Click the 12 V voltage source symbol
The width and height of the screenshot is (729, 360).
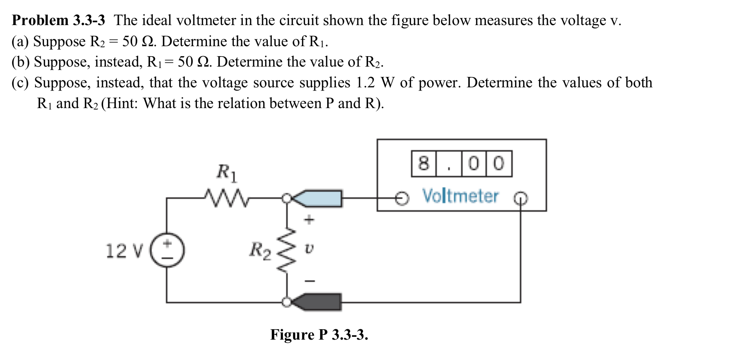(x=167, y=250)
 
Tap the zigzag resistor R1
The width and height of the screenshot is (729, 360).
(x=225, y=198)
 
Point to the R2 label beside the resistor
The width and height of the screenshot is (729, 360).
(x=260, y=250)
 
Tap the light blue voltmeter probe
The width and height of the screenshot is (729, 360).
(x=319, y=198)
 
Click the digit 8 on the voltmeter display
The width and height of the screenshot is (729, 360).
(x=423, y=164)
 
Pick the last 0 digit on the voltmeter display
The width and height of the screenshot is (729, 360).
(x=499, y=164)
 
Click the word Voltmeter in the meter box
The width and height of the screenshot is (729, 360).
(x=460, y=196)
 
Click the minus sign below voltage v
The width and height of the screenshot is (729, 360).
(x=309, y=281)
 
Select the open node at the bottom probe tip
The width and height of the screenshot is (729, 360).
(x=286, y=302)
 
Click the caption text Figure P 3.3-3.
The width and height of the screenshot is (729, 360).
(x=319, y=335)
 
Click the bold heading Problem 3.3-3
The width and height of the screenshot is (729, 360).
(x=58, y=20)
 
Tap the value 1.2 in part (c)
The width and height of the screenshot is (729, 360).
(x=365, y=83)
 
